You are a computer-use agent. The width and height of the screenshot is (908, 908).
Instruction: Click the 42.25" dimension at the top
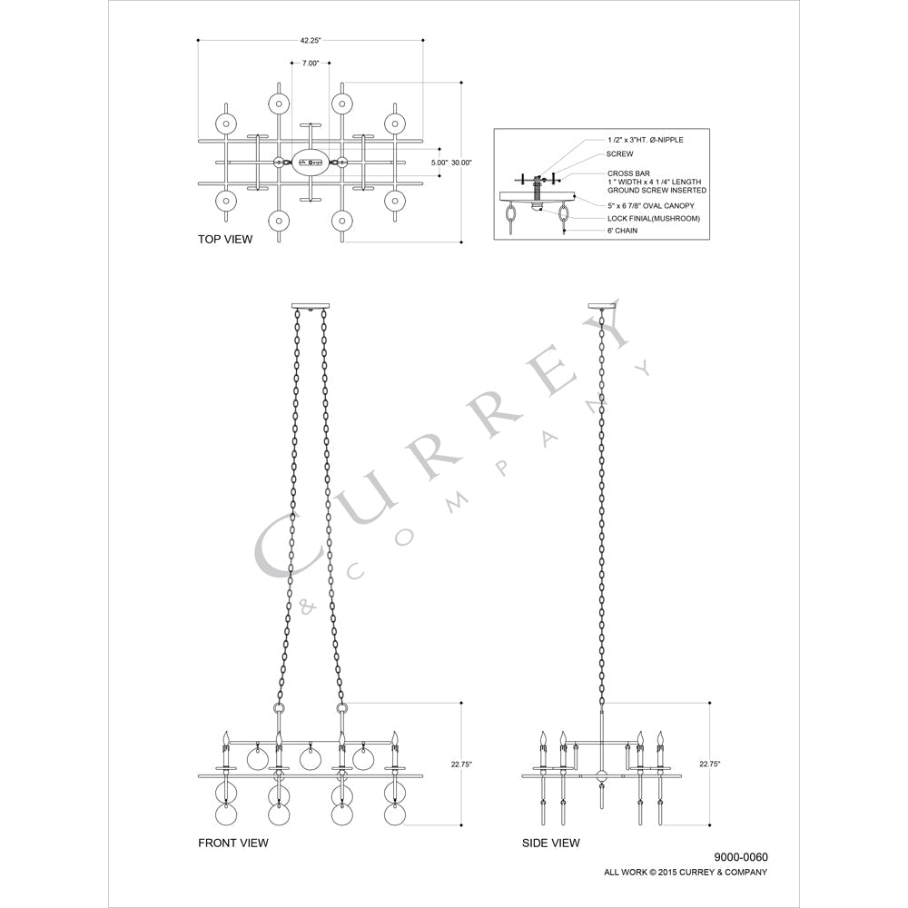(x=310, y=41)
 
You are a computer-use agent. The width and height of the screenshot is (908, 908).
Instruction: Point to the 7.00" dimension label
(x=311, y=64)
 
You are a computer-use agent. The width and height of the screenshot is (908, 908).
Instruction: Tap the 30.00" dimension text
(x=461, y=163)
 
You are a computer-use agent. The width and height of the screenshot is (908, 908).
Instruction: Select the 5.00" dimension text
(x=439, y=163)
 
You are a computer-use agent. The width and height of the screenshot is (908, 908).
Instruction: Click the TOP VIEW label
(x=225, y=239)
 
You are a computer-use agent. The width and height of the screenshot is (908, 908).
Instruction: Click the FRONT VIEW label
(x=233, y=844)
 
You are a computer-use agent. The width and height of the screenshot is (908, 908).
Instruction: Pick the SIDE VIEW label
(x=551, y=844)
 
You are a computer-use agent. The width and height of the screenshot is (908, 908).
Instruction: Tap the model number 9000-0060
(x=741, y=858)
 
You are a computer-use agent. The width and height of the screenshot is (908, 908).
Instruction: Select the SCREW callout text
(x=619, y=154)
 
